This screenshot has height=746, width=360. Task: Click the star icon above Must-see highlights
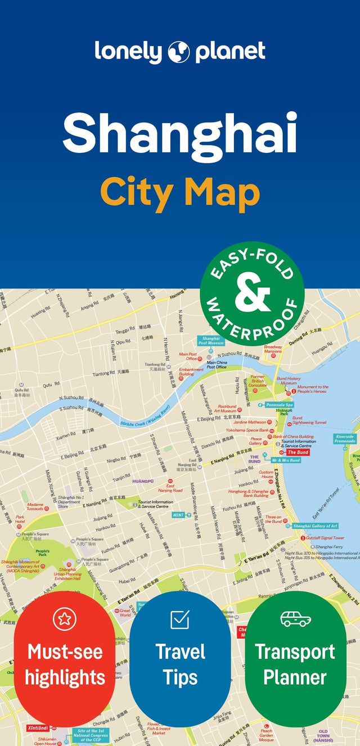pos(64,619)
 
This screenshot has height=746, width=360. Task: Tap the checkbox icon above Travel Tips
pos(180,620)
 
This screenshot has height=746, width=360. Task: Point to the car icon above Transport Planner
pos(295,619)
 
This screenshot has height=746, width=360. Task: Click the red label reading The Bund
pos(298,452)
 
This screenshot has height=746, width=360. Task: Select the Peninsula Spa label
pos(280,405)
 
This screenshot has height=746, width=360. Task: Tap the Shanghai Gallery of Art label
pos(315,526)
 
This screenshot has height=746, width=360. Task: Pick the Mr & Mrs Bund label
pos(286,460)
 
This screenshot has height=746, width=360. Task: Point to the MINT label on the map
pos(178,514)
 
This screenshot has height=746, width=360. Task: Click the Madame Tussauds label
pos(35,507)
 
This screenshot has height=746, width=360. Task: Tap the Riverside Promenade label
pos(345,438)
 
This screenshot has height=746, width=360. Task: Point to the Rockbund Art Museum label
pos(227,408)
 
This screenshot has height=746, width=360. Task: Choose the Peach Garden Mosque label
pos(266,734)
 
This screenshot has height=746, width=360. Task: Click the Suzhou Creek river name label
pos(145,418)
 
